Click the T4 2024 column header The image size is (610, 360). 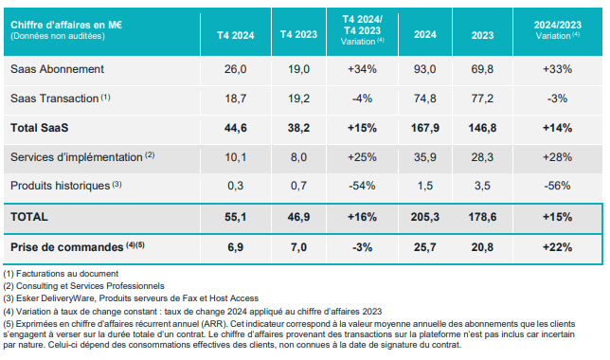235,35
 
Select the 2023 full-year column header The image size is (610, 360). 482,35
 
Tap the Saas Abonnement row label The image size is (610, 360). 57,69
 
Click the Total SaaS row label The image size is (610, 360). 39,128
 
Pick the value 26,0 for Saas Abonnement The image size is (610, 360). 235,69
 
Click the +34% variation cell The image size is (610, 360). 362,69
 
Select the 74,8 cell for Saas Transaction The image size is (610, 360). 424,99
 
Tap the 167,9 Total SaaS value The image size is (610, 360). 424,128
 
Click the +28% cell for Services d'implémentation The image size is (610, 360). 558,157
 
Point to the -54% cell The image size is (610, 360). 362,186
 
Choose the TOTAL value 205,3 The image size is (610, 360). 424,217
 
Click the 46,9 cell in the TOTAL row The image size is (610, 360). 298,217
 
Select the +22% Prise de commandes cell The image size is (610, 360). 558,247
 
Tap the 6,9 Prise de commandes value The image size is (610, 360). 235,247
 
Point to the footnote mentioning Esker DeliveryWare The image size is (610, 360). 131,298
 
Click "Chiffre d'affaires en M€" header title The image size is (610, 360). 66,25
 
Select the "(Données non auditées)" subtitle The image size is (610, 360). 58,36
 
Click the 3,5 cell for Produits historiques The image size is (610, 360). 482,186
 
